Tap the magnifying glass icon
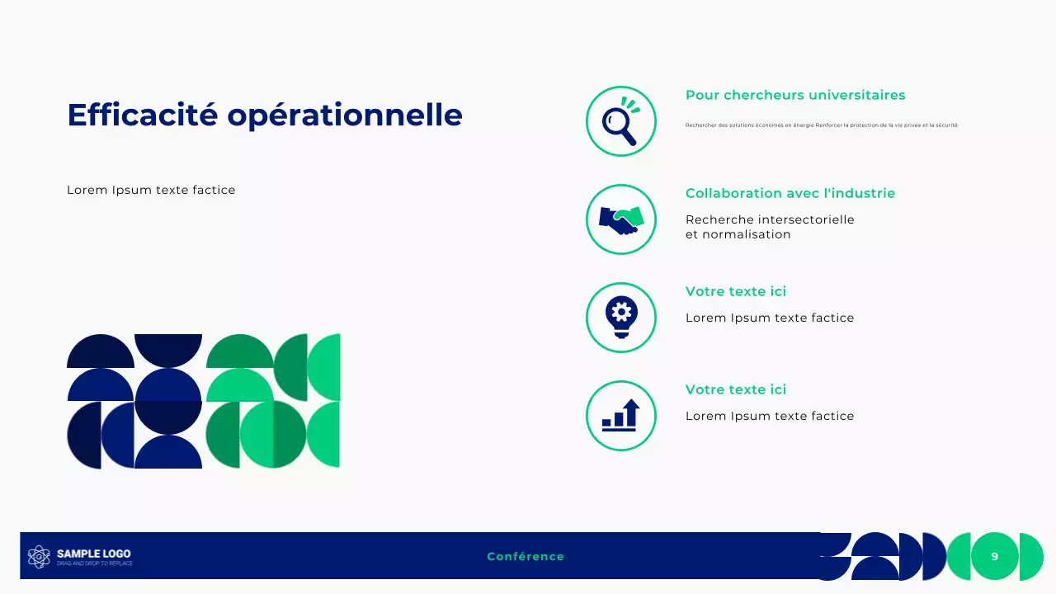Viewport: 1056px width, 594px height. (620, 121)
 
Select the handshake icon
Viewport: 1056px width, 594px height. (620, 219)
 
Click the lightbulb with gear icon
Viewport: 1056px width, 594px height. (620, 317)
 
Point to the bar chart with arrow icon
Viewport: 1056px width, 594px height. (620, 415)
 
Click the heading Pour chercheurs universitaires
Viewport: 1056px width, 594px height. (795, 95)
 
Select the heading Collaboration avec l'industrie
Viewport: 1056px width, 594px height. (790, 193)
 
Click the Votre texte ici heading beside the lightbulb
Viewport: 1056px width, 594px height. (735, 291)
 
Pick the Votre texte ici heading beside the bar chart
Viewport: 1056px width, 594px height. (735, 389)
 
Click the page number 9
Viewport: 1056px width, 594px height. (994, 557)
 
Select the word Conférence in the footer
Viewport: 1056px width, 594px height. (526, 557)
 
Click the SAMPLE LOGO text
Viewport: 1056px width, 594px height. (93, 554)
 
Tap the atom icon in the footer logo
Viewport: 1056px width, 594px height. (39, 557)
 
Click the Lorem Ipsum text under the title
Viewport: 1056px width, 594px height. (151, 191)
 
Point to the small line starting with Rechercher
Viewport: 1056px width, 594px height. (822, 125)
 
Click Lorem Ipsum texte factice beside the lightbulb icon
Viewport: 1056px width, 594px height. (769, 318)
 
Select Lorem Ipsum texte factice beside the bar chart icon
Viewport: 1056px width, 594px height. (769, 416)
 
